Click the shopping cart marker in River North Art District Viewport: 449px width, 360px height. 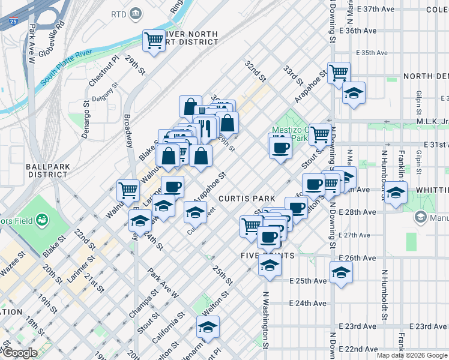point(154,41)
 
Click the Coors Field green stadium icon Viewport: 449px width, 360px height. point(42,220)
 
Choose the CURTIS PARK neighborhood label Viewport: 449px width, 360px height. point(247,198)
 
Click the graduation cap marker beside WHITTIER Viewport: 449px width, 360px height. point(396,193)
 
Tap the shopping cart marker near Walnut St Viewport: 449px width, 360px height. point(128,190)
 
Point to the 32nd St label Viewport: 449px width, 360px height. point(255,70)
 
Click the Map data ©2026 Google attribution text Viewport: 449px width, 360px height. point(412,355)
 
